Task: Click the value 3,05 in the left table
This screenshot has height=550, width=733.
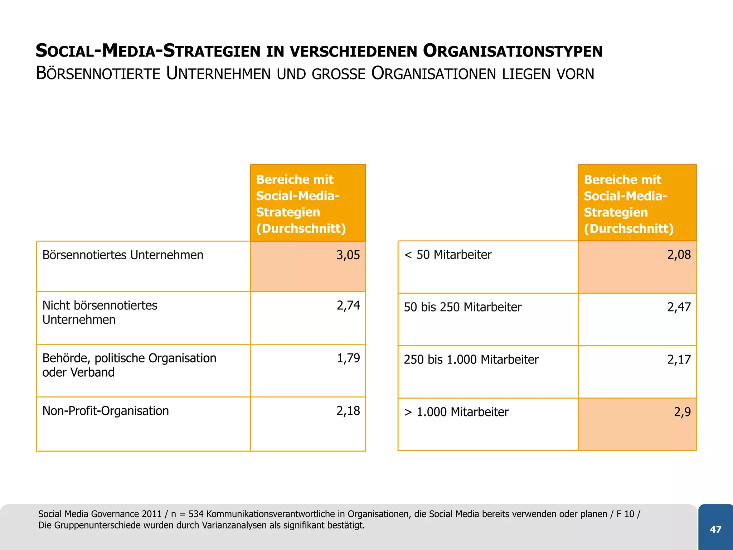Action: click(x=348, y=255)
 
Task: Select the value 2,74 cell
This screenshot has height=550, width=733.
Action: click(x=348, y=305)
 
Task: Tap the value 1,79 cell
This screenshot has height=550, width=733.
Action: click(x=348, y=358)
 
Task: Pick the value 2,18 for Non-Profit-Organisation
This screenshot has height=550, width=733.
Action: click(x=348, y=411)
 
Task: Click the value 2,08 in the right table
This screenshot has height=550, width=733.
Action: click(x=679, y=255)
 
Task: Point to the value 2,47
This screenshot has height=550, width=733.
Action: click(x=679, y=307)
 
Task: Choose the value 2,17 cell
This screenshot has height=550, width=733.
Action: click(x=679, y=360)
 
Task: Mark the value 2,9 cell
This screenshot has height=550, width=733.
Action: click(x=682, y=412)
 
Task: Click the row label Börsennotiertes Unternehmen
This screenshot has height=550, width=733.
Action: click(x=123, y=255)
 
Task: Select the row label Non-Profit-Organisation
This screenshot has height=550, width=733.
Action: click(x=106, y=411)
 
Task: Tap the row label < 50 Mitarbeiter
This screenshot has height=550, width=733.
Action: click(x=447, y=255)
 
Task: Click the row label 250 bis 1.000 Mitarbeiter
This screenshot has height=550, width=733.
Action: click(x=471, y=360)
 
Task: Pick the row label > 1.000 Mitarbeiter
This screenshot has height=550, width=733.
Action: click(x=456, y=412)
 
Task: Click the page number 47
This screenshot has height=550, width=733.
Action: click(x=715, y=529)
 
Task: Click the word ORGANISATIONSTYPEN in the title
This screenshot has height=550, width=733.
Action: click(x=513, y=51)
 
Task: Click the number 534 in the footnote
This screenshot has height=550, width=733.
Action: click(x=196, y=514)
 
